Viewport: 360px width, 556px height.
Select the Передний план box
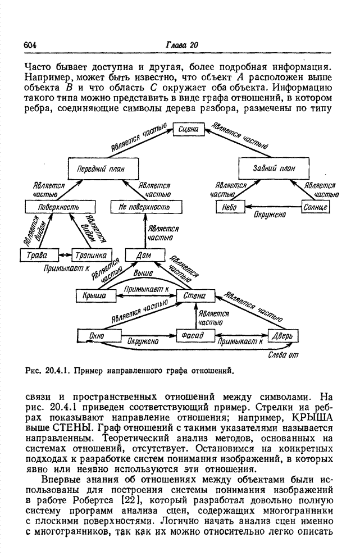coord(103,168)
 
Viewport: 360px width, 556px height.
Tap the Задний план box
coord(274,168)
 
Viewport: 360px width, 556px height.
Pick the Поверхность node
coord(54,208)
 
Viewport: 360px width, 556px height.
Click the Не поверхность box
coord(144,208)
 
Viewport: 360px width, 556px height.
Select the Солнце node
coord(317,208)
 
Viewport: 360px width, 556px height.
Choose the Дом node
coord(144,255)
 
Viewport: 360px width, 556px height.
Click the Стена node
coord(192,295)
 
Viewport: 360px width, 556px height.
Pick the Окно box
coord(98,336)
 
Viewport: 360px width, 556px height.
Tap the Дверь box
coord(282,336)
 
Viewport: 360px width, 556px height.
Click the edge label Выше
coord(143,272)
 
